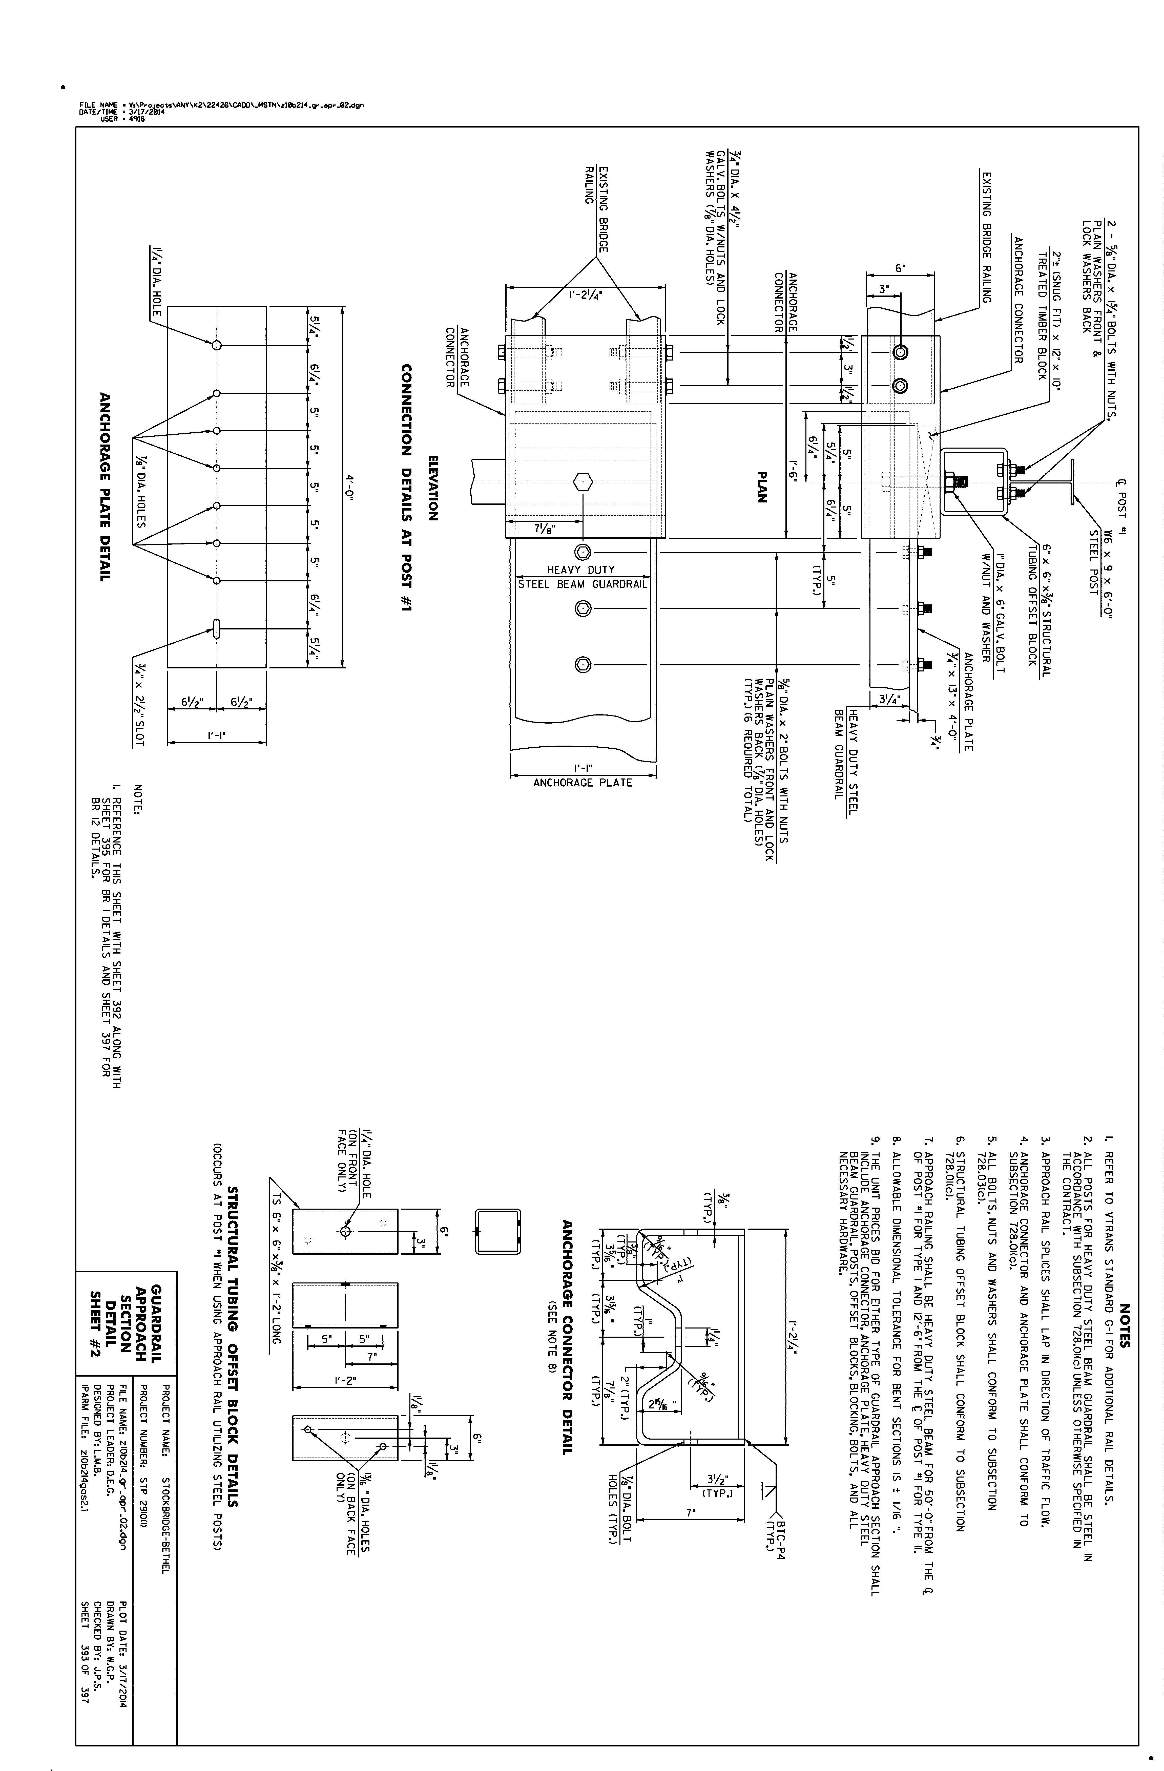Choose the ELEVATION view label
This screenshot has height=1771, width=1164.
point(432,487)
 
